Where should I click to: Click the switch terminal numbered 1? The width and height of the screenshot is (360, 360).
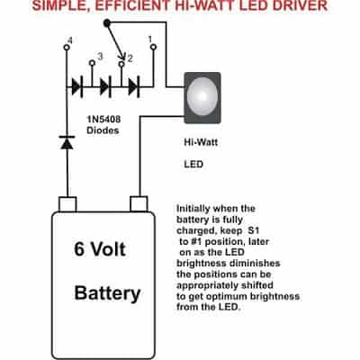(x=154, y=47)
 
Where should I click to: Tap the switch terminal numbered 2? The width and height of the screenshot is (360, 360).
(x=121, y=64)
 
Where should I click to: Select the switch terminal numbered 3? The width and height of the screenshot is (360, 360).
(x=93, y=63)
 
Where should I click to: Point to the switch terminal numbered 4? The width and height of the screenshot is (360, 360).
(x=67, y=48)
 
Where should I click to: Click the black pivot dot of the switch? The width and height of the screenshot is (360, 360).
(x=106, y=22)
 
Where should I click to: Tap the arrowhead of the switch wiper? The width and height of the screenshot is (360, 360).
(x=122, y=57)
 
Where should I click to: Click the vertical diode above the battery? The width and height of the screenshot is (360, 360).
(x=67, y=142)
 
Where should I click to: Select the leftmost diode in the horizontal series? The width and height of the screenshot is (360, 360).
(x=77, y=87)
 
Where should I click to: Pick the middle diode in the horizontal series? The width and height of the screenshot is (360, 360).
(x=105, y=87)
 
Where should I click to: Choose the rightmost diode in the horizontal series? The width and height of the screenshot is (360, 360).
(x=134, y=87)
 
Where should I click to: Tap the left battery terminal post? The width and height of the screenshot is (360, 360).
(x=67, y=204)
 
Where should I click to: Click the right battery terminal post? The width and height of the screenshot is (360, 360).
(x=139, y=203)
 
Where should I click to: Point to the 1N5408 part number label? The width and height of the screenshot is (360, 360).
(x=103, y=120)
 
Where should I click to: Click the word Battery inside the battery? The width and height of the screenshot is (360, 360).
(x=107, y=293)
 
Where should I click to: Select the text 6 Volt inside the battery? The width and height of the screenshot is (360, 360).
(x=100, y=249)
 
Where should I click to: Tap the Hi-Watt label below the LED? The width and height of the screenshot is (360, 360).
(x=201, y=142)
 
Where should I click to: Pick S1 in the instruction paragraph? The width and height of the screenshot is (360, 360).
(x=254, y=230)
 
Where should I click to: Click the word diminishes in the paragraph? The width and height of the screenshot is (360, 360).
(x=255, y=264)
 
